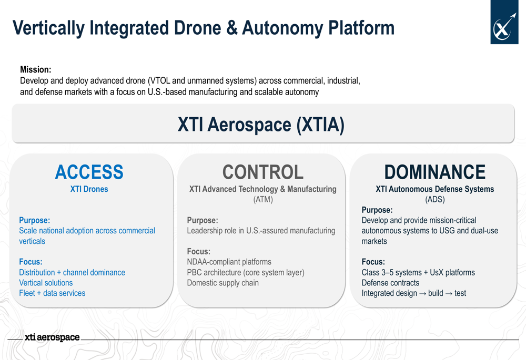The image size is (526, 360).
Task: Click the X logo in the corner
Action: click(x=504, y=22)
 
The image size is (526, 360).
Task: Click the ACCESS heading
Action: click(x=89, y=172)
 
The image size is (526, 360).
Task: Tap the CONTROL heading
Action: click(x=263, y=172)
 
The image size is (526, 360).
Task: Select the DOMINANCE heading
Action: click(x=435, y=172)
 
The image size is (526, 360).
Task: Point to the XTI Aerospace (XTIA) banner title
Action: click(x=261, y=125)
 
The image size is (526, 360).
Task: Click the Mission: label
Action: click(x=36, y=69)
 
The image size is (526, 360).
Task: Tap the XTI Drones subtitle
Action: click(x=89, y=189)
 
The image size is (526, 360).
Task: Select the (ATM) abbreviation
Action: click(x=263, y=199)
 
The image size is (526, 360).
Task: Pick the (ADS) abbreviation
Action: click(x=435, y=199)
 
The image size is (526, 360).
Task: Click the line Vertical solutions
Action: click(x=46, y=283)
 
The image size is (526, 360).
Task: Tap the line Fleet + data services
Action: click(x=52, y=293)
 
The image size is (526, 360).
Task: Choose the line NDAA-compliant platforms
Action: click(x=229, y=262)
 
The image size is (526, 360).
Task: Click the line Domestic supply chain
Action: click(x=222, y=283)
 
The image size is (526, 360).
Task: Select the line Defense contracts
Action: click(x=390, y=283)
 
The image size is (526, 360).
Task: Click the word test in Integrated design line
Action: click(x=460, y=293)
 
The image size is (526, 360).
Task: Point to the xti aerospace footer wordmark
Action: click(x=52, y=337)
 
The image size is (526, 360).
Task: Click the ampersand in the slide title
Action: click(x=232, y=28)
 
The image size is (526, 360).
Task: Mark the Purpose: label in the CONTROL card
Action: click(x=203, y=220)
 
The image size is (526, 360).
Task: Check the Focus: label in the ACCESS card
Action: click(x=31, y=262)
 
